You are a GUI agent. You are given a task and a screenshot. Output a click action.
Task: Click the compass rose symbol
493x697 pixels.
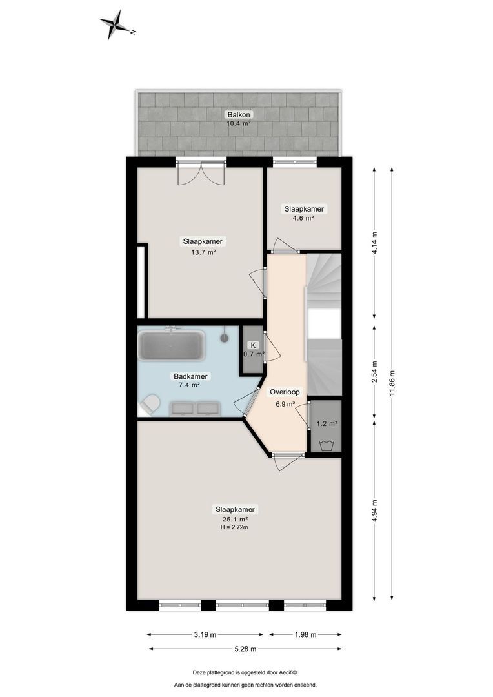tap(116, 24)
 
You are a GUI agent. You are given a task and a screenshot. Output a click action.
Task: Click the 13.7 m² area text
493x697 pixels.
tap(203, 252)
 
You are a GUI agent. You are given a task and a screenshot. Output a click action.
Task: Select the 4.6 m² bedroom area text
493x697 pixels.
tap(303, 219)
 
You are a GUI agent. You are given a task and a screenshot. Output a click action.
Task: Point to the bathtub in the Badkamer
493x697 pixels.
tap(172, 345)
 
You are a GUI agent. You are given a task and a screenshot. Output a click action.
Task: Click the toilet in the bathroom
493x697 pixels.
tap(150, 404)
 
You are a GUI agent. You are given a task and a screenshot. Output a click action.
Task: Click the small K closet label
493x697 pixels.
tap(253, 345)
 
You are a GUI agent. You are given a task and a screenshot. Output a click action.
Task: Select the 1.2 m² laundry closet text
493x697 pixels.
tap(326, 424)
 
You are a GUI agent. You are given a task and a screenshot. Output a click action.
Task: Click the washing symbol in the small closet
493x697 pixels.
tap(325, 445)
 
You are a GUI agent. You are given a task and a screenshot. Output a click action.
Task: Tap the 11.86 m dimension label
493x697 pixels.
tap(392, 385)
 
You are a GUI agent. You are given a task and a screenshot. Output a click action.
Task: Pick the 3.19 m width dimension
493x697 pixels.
tap(205, 635)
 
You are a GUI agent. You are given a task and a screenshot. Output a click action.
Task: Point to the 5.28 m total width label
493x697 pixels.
tap(245, 649)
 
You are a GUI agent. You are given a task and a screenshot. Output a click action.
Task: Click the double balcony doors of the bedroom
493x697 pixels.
tap(201, 173)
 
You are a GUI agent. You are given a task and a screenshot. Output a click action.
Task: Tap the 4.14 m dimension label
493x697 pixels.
tap(374, 243)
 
